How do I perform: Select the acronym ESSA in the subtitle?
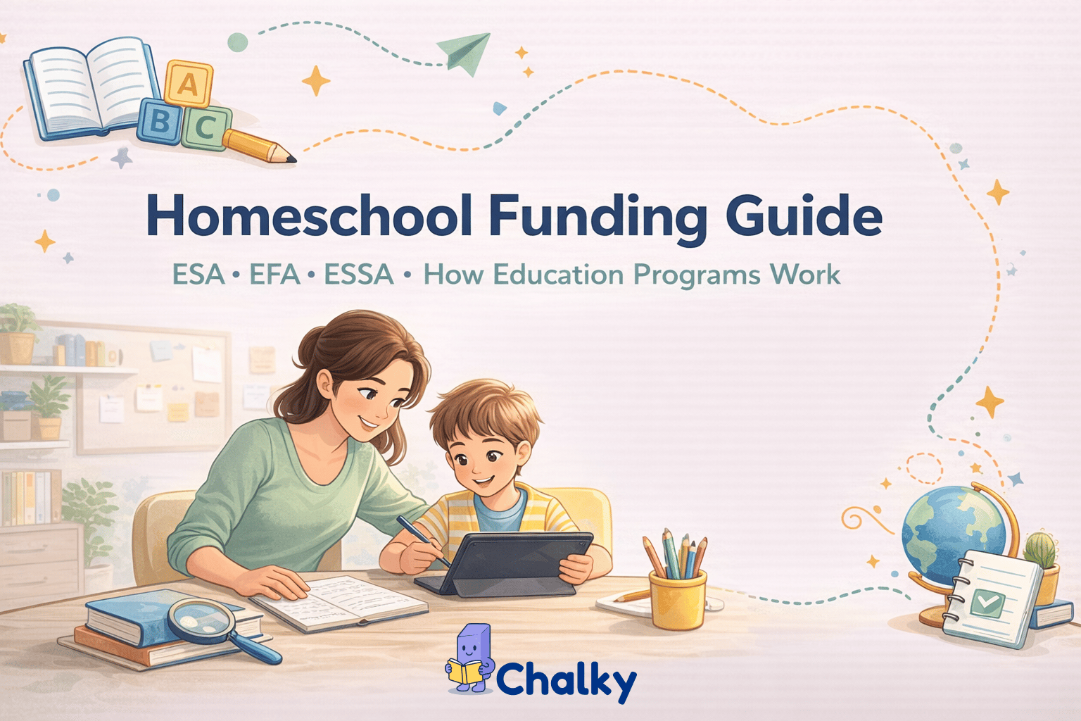click(358, 275)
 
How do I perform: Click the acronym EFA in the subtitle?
click(274, 275)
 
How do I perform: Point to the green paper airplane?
click(464, 52)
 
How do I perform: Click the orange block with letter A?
click(188, 84)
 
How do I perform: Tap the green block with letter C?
click(206, 127)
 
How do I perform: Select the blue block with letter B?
click(160, 121)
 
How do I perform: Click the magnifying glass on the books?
click(204, 622)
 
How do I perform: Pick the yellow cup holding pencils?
click(678, 599)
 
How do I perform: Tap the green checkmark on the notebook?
click(987, 603)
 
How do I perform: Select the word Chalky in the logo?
click(566, 679)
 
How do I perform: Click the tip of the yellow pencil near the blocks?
click(290, 158)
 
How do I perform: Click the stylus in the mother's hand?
click(422, 539)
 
